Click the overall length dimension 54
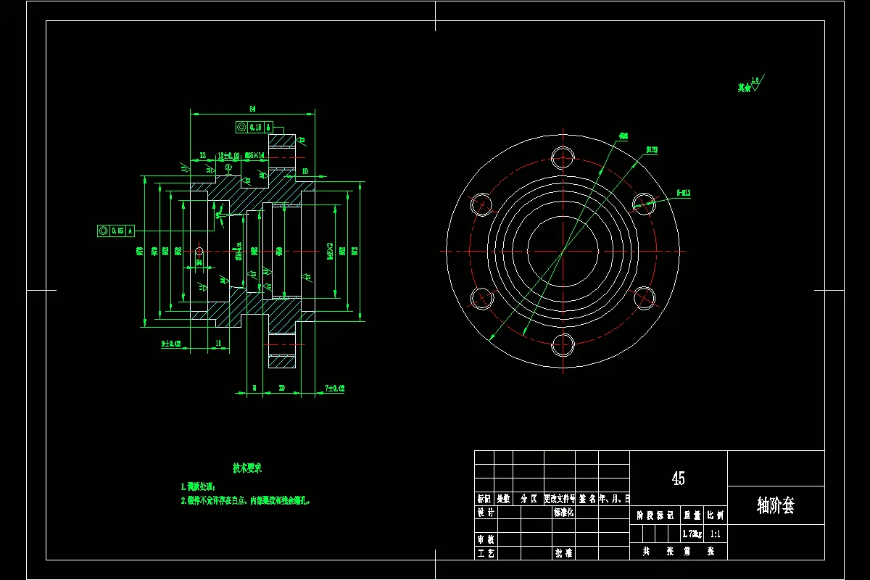pos(252,108)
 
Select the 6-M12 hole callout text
pos(683,193)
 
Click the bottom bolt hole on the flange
pos(563,345)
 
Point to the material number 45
pos(678,478)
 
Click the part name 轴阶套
pos(775,505)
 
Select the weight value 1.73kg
pos(692,534)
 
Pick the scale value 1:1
pos(716,534)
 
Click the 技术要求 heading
pos(246,468)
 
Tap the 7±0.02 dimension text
pos(334,389)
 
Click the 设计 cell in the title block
pos(485,513)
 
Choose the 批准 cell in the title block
pos(563,552)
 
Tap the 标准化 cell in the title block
pos(563,513)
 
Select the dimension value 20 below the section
pos(281,389)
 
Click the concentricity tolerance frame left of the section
pos(116,231)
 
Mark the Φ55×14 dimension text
pos(255,155)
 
